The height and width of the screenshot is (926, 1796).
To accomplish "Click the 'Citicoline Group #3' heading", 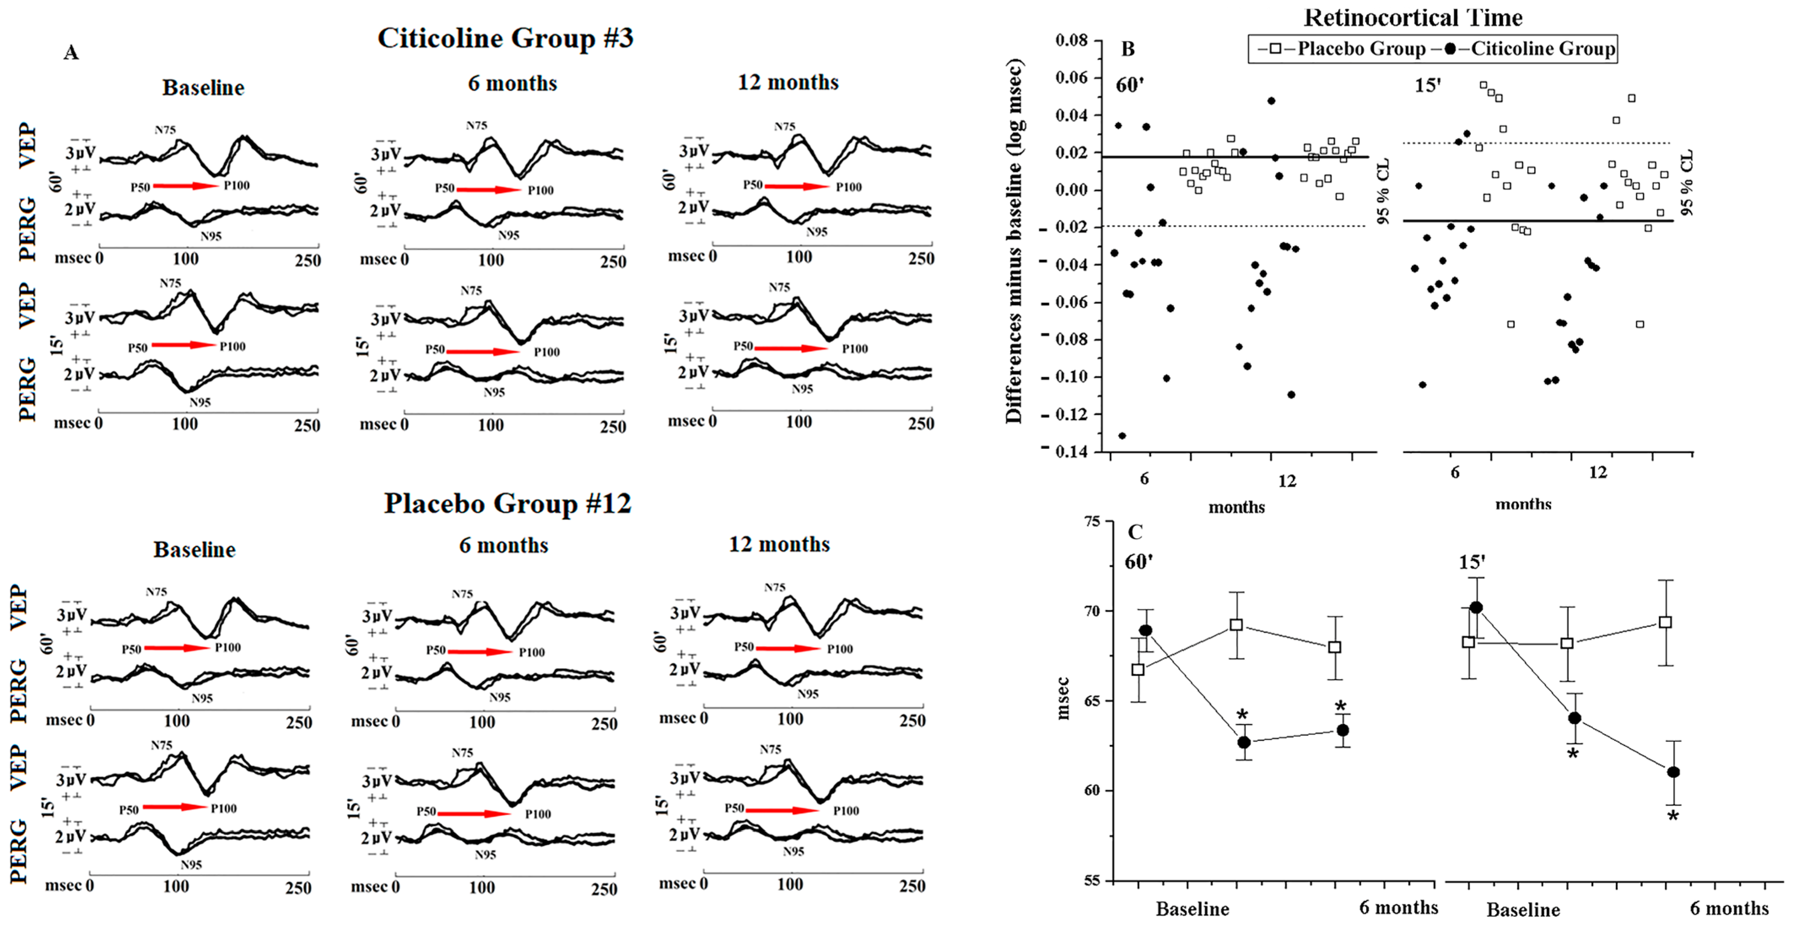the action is pyautogui.click(x=506, y=38).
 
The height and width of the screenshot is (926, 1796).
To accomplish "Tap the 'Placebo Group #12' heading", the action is pyautogui.click(x=508, y=503).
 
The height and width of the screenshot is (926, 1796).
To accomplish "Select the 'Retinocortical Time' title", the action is pyautogui.click(x=1413, y=17).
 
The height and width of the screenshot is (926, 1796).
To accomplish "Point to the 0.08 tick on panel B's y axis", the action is pyautogui.click(x=1071, y=40).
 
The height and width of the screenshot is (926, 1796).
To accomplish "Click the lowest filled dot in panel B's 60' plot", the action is pyautogui.click(x=1122, y=436).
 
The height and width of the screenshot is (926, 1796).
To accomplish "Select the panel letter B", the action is pyautogui.click(x=1128, y=49).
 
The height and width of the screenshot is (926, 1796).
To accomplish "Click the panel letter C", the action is pyautogui.click(x=1135, y=533).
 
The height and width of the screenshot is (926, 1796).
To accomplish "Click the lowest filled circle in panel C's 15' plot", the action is pyautogui.click(x=1672, y=772).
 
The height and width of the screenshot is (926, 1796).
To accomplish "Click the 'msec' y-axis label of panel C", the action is pyautogui.click(x=1063, y=698).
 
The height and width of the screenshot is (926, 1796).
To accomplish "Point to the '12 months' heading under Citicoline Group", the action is pyautogui.click(x=788, y=82).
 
